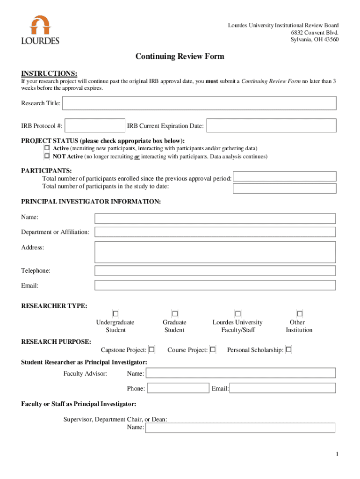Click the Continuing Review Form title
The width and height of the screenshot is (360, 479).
pyautogui.click(x=180, y=57)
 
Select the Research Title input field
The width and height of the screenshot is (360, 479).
pyautogui.click(x=199, y=103)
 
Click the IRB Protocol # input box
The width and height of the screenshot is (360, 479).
pyautogui.click(x=95, y=125)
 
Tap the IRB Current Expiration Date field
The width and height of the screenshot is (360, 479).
pyautogui.click(x=271, y=125)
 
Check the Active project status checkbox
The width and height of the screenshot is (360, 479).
pyautogui.click(x=47, y=148)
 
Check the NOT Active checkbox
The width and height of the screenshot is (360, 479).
pyautogui.click(x=47, y=156)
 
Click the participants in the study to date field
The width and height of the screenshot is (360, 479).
pyautogui.click(x=284, y=188)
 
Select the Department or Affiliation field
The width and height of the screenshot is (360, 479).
pyautogui.click(x=215, y=232)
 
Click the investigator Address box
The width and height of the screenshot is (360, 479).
pyautogui.click(x=215, y=252)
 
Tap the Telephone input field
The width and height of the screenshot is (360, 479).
pyautogui.click(x=215, y=271)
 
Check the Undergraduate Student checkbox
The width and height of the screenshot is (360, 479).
pyautogui.click(x=115, y=313)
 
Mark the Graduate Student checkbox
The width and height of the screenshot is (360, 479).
pyautogui.click(x=175, y=313)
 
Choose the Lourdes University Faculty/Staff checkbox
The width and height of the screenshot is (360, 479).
pyautogui.click(x=238, y=313)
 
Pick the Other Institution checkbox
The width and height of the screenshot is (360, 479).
pyautogui.click(x=300, y=313)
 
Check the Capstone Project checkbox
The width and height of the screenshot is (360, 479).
pyautogui.click(x=151, y=349)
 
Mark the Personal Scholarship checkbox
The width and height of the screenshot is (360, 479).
pyautogui.click(x=288, y=349)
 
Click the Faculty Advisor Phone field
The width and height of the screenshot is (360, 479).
pyautogui.click(x=178, y=388)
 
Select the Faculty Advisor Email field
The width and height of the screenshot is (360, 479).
pyautogui.click(x=282, y=388)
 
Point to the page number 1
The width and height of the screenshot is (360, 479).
pyautogui.click(x=337, y=454)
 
